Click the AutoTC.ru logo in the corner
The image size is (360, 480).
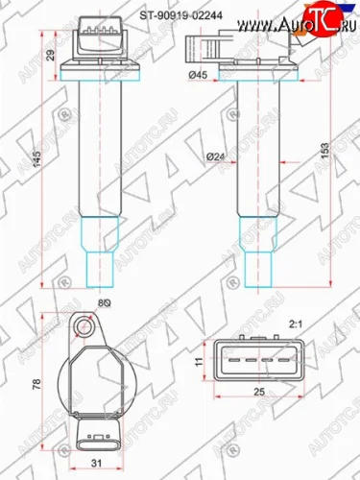click(317, 16)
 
